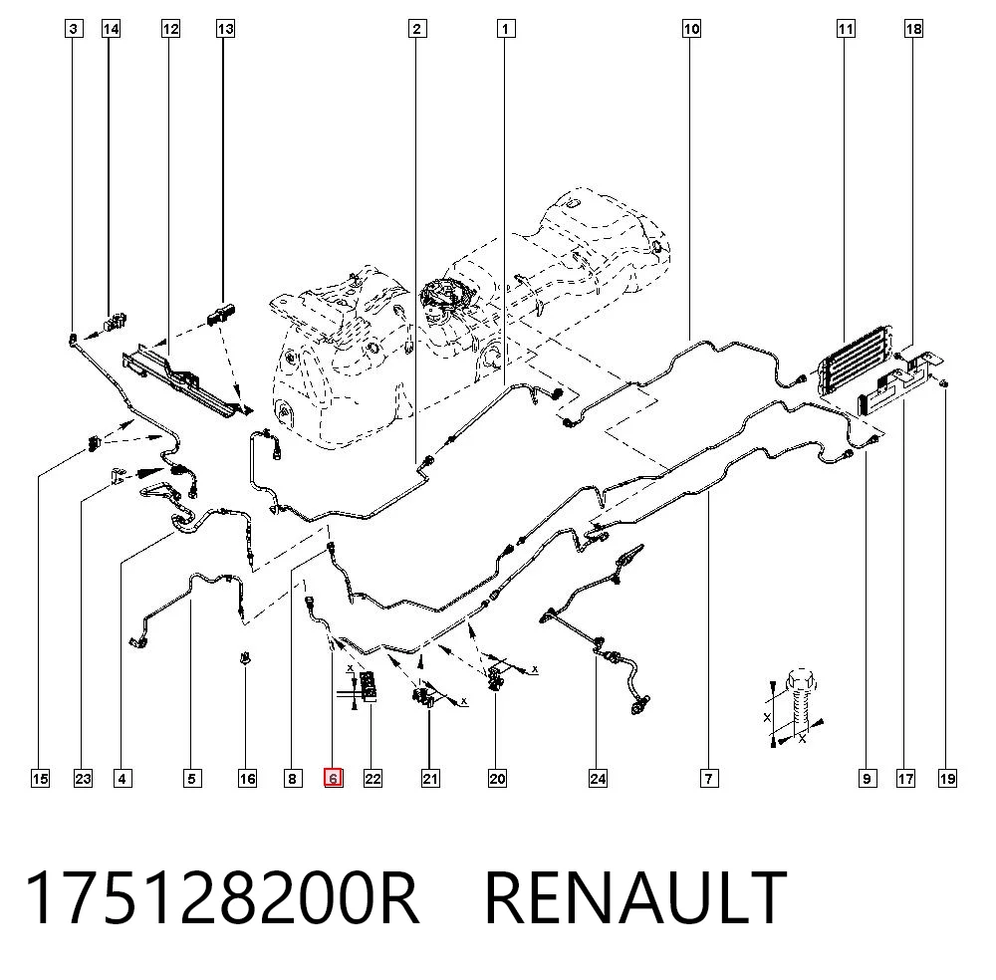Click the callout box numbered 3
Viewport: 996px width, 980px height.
click(75, 29)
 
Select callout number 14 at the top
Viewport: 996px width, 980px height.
click(112, 29)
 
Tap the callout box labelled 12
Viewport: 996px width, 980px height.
click(171, 29)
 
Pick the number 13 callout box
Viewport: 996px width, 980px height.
click(225, 29)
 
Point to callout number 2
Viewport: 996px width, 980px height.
click(416, 29)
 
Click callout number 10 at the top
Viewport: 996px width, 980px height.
click(692, 29)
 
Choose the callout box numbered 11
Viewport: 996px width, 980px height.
click(846, 29)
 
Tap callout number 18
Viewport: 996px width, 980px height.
click(913, 29)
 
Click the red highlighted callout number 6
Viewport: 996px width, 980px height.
click(333, 778)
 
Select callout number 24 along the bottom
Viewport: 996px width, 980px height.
click(598, 778)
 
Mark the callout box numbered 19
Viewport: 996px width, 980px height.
click(947, 778)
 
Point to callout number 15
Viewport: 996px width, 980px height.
click(40, 778)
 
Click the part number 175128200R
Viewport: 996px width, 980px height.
click(222, 898)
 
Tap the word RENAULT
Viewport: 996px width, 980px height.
click(635, 898)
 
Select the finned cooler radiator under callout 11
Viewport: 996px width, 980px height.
click(856, 361)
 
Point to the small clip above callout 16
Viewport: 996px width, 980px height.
click(245, 658)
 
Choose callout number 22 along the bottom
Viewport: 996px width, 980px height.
click(373, 778)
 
